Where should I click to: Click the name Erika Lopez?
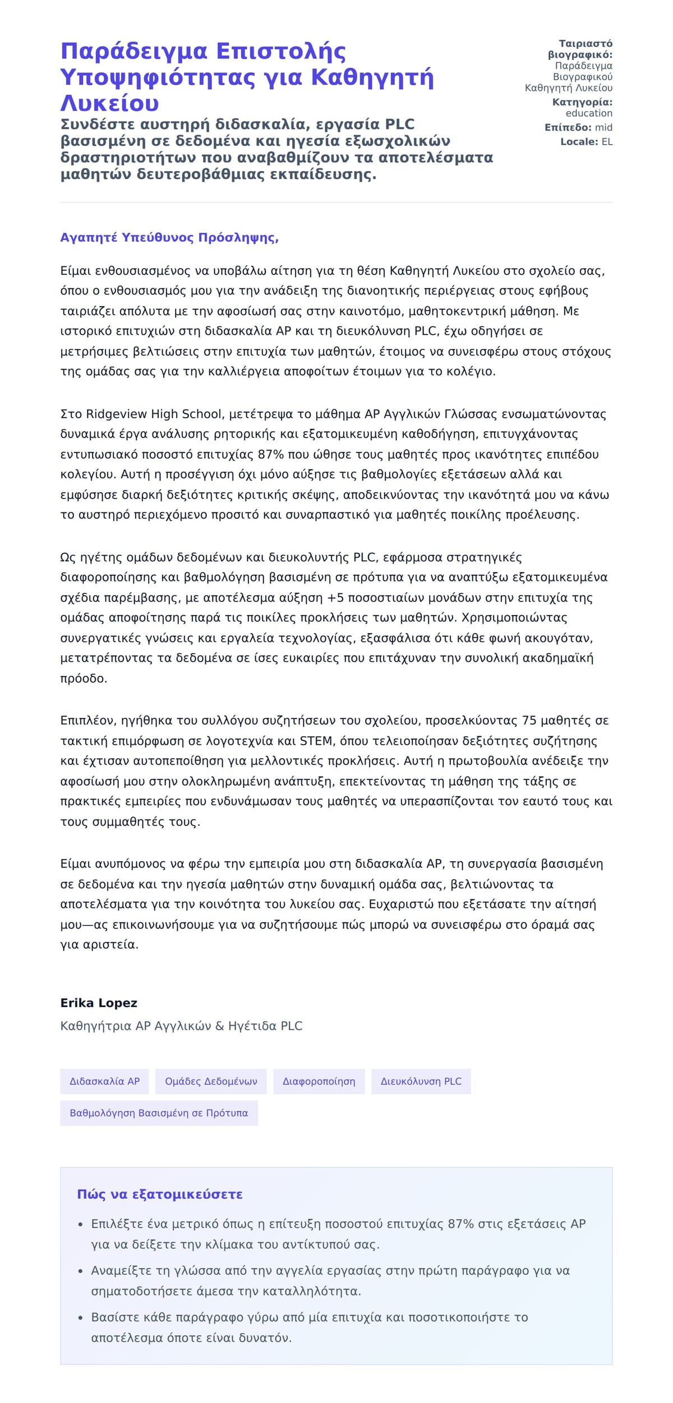point(99,1003)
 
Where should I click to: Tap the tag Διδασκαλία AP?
point(104,1081)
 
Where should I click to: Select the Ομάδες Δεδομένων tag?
point(211,1081)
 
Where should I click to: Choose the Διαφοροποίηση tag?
point(319,1081)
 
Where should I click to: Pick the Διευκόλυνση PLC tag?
point(421,1081)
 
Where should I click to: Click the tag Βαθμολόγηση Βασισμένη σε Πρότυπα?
point(159,1113)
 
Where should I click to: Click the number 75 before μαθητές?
point(529,720)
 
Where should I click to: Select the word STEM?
point(316,741)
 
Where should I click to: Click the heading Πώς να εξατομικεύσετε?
point(160,1194)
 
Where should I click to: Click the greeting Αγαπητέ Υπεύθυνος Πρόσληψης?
point(169,237)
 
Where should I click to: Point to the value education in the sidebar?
point(589,113)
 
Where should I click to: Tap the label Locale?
point(579,142)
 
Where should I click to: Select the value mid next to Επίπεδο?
point(603,127)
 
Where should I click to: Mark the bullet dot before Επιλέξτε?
point(80,1224)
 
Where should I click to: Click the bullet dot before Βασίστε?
point(80,1317)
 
